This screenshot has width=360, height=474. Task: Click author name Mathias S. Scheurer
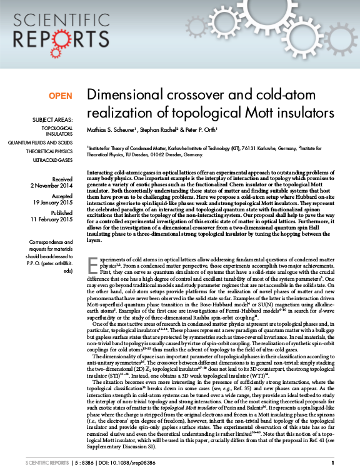112,132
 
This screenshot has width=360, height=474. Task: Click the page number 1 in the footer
333,463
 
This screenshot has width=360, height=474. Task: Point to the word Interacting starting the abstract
101,171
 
